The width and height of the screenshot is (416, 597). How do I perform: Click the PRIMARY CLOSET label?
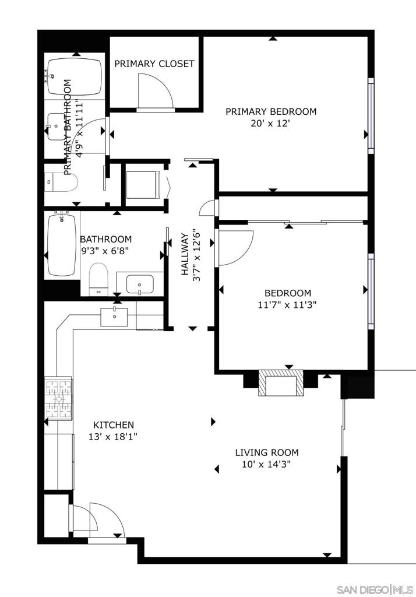coord(154,64)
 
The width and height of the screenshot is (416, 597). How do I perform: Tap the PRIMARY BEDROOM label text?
coord(271,111)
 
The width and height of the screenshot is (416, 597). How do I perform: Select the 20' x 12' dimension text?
coord(271,124)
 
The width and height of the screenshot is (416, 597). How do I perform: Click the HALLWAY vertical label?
coord(184,254)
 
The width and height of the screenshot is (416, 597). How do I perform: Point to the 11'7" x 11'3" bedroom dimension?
coord(287,304)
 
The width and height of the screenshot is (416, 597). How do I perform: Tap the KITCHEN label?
coord(114,425)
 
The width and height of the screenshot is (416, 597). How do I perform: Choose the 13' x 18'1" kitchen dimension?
coord(114,436)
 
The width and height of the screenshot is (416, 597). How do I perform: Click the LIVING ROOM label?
coord(266,452)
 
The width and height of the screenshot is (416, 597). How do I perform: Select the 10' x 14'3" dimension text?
coord(266,465)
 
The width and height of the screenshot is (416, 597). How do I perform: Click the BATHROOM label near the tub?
coord(105,239)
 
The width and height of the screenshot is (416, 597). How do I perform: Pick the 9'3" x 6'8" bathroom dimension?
coord(105,251)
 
